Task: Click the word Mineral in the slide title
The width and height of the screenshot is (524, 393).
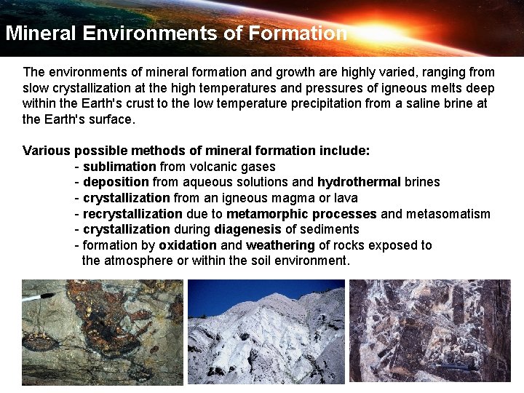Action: tap(41, 33)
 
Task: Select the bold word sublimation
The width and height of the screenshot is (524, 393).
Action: tap(119, 167)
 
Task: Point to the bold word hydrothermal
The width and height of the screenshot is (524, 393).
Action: tap(359, 182)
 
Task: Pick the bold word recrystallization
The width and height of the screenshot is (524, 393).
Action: tap(132, 214)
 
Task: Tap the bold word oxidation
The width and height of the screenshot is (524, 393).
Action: tap(188, 245)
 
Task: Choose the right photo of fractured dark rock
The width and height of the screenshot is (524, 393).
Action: tap(430, 331)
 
